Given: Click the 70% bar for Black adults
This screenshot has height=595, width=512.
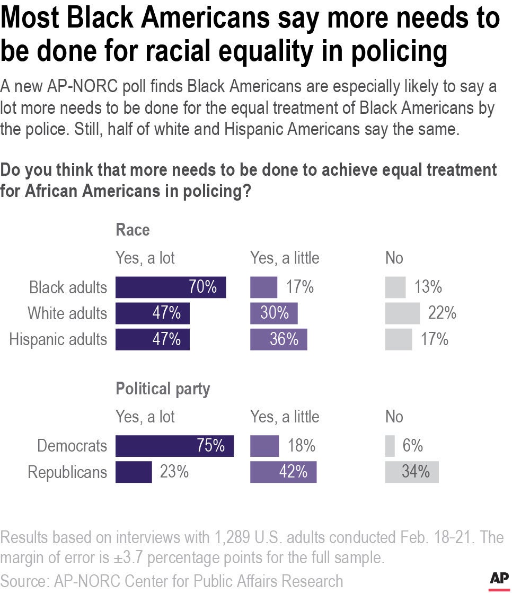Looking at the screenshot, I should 171,287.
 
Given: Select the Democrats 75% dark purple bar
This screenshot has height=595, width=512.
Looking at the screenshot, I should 174,446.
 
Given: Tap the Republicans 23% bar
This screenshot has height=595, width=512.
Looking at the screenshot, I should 134,472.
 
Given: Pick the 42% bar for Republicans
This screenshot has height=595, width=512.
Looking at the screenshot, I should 283,472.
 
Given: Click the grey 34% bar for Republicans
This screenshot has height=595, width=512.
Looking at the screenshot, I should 411,472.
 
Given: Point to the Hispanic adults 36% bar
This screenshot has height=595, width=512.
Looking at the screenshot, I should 278,339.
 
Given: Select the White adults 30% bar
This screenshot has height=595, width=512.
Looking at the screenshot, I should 273,313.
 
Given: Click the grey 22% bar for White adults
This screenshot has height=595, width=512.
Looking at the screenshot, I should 402,313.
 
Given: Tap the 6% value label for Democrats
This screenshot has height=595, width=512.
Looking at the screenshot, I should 412,446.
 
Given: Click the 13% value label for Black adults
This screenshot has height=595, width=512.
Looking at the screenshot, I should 428,287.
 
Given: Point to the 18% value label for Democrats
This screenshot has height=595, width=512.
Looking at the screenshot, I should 302,446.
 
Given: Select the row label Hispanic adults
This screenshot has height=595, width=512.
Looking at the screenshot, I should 58,339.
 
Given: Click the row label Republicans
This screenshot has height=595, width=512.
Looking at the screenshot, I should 67,472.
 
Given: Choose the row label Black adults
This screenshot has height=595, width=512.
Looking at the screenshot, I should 68,287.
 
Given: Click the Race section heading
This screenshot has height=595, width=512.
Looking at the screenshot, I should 133,230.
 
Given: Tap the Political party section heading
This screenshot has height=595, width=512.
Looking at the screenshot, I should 163,389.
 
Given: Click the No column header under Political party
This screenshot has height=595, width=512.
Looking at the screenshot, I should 394,417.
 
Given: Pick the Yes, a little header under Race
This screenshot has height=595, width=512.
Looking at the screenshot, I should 285,258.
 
